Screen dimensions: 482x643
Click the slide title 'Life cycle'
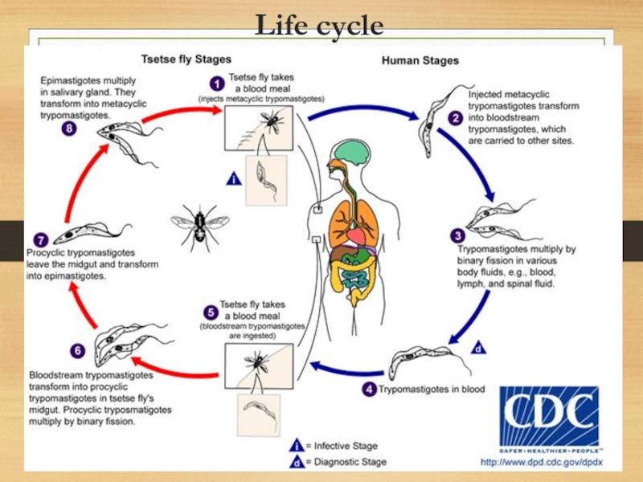point(319,27)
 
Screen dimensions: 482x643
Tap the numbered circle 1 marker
point(215,83)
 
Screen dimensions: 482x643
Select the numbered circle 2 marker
point(456,118)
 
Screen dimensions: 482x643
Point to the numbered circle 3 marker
point(457,235)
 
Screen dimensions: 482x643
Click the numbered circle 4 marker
point(369,390)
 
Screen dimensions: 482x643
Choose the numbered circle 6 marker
point(77,350)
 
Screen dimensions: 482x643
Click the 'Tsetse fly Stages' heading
point(186,59)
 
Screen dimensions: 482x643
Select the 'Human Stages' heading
point(420,60)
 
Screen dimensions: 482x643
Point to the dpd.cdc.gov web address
point(540,462)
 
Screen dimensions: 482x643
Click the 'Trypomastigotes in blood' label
point(432,390)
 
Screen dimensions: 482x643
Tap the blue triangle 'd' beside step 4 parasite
point(477,349)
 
